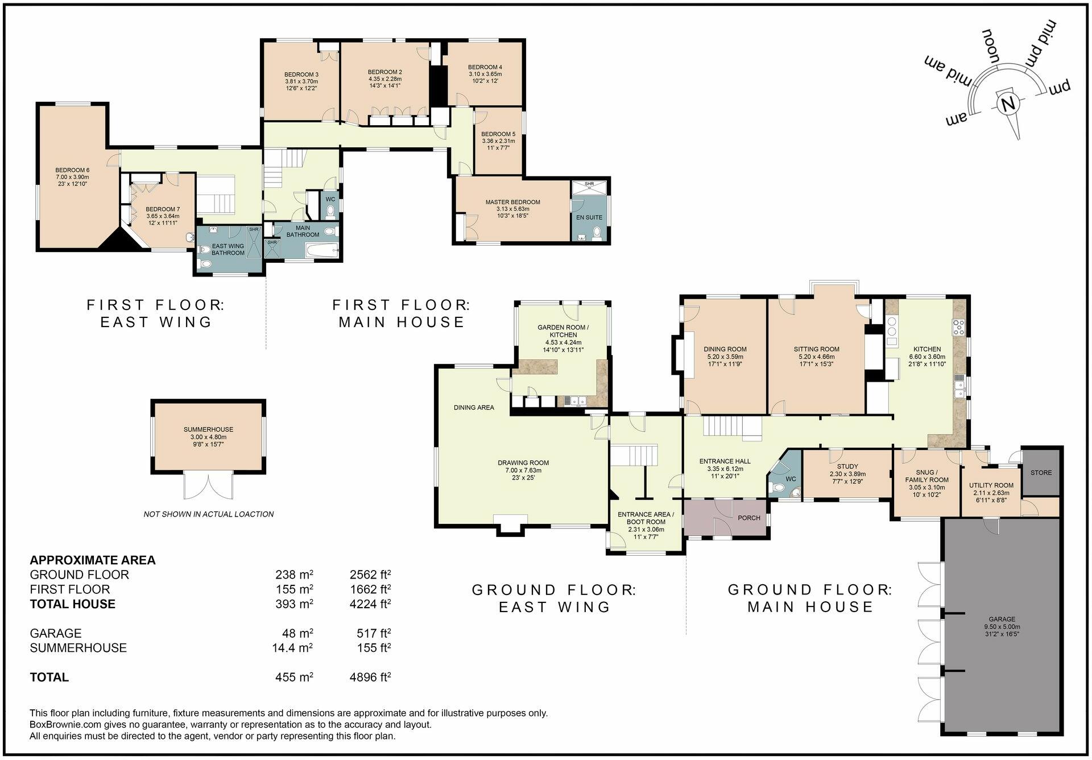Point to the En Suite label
(589, 217)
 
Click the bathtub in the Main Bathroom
(318, 250)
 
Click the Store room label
(1041, 473)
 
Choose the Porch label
(748, 518)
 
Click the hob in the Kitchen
(959, 327)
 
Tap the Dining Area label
(474, 407)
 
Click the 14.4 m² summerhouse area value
(292, 648)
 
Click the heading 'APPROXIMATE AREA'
(93, 560)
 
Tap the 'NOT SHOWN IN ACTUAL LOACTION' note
(208, 514)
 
